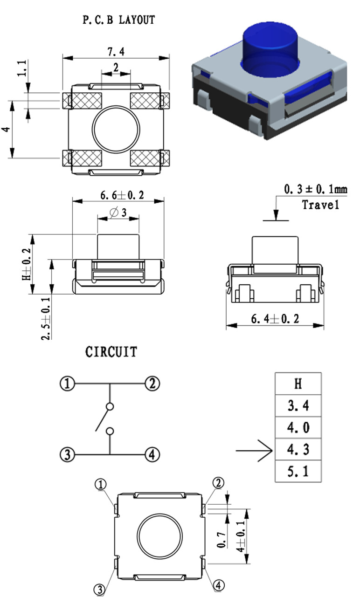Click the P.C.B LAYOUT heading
tap(118, 20)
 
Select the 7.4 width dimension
tap(116, 51)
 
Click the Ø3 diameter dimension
tap(118, 213)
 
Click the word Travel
tap(320, 205)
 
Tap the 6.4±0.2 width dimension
tap(275, 319)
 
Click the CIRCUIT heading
tap(111, 352)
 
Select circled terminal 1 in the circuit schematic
tap(68, 384)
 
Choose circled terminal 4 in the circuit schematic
tap(152, 454)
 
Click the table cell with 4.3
tap(298, 450)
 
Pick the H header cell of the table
tap(298, 384)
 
